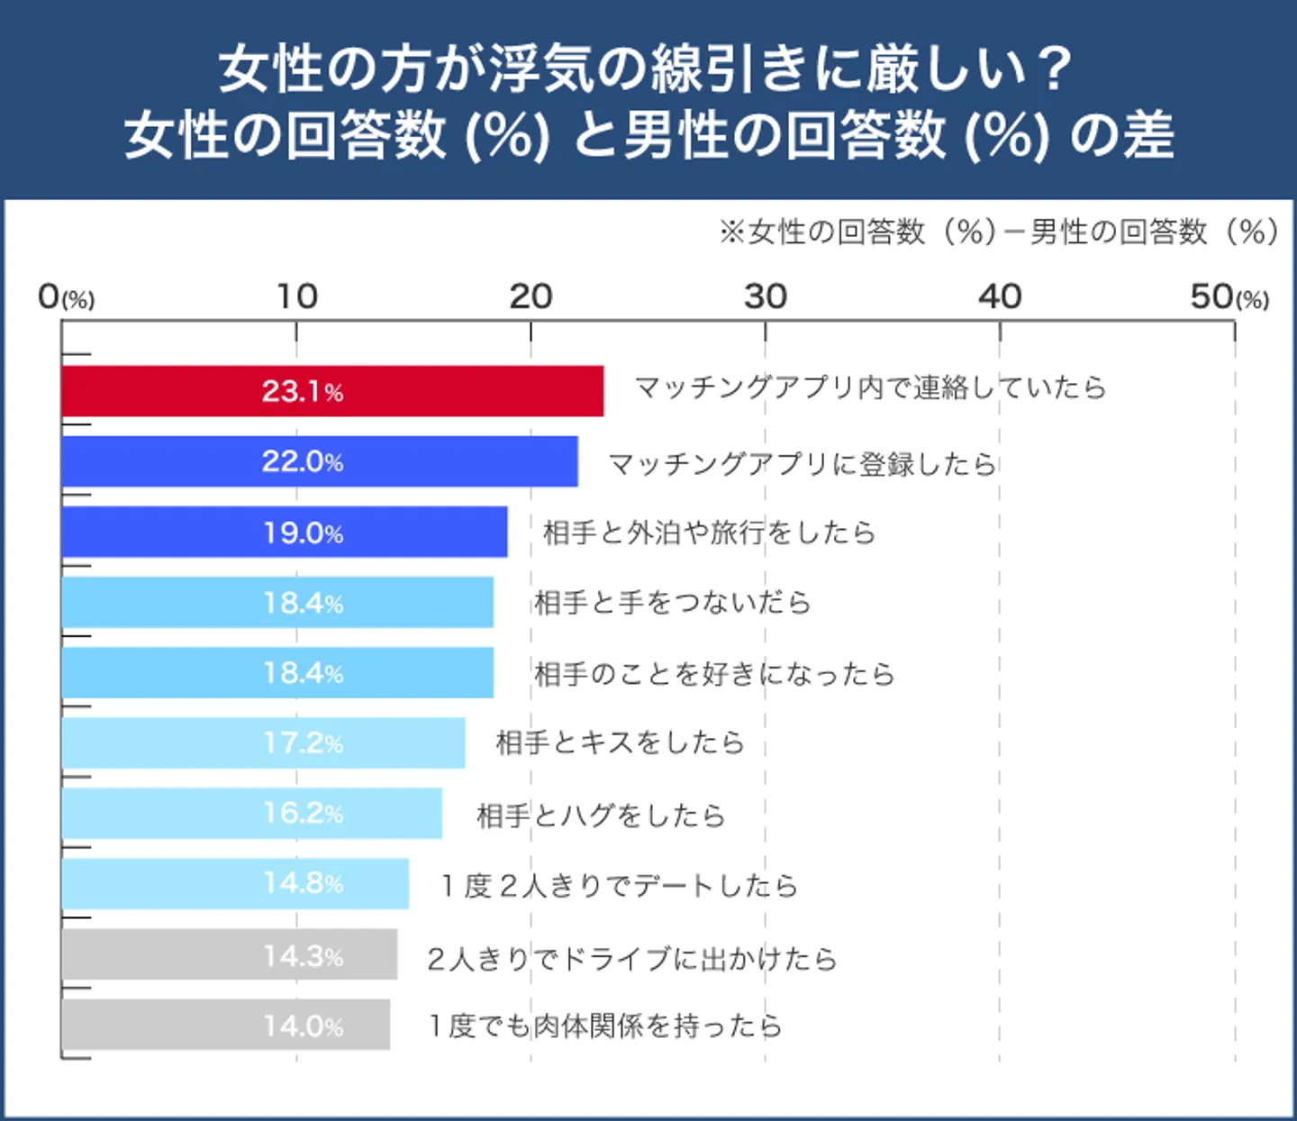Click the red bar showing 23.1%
pyautogui.click(x=332, y=391)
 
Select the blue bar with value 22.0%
pyautogui.click(x=320, y=461)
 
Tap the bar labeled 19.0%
pyautogui.click(x=285, y=532)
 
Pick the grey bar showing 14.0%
pyautogui.click(x=226, y=1025)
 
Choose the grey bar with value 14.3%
pyautogui.click(x=230, y=954)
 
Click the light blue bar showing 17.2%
pyautogui.click(x=263, y=743)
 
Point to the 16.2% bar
pyautogui.click(x=252, y=813)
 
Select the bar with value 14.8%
pyautogui.click(x=235, y=883)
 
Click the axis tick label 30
pyautogui.click(x=765, y=296)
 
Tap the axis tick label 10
pyautogui.click(x=296, y=296)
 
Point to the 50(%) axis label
pyautogui.click(x=1229, y=296)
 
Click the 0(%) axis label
pyautogui.click(x=66, y=296)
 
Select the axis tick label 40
pyautogui.click(x=999, y=296)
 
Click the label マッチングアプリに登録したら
pyautogui.click(x=802, y=464)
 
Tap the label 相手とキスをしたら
pyautogui.click(x=620, y=743)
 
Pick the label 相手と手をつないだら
pyautogui.click(x=672, y=602)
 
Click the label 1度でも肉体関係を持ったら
pyautogui.click(x=604, y=1025)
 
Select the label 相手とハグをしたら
pyautogui.click(x=601, y=816)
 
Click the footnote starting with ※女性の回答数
pyautogui.click(x=998, y=232)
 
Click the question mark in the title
pyautogui.click(x=1051, y=69)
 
